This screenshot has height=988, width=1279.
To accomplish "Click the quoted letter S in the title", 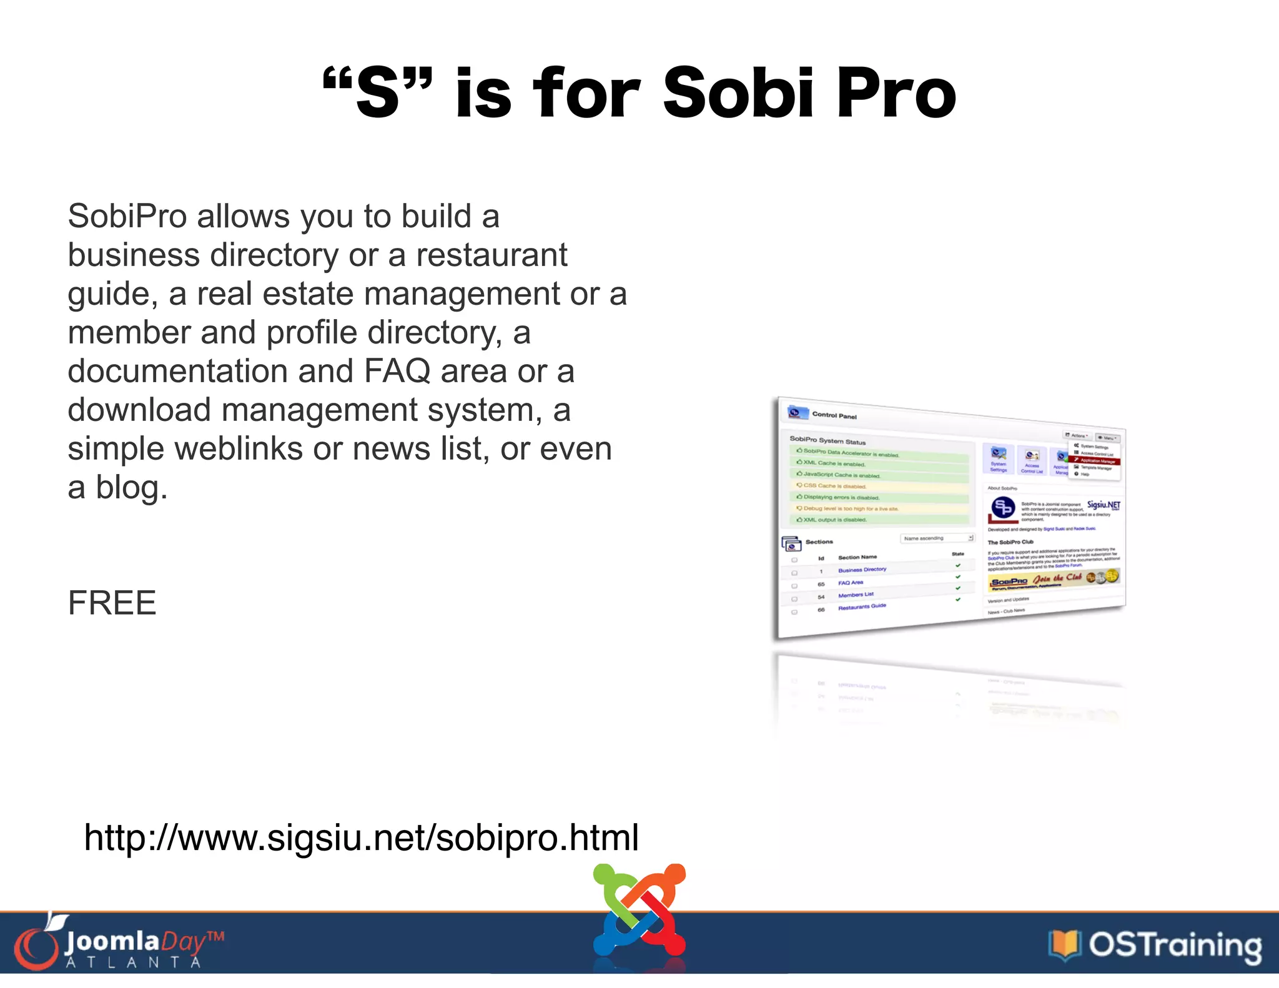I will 377,94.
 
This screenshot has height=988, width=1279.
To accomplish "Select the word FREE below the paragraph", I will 112,603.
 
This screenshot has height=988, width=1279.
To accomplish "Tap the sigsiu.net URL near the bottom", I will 361,837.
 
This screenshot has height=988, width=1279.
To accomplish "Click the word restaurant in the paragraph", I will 491,255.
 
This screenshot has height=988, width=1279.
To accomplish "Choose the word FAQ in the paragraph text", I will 397,372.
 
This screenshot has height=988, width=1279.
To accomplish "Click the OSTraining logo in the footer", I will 1155,945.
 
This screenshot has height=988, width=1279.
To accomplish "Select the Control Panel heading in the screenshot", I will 834,415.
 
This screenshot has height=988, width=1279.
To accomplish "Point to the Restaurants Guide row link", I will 862,606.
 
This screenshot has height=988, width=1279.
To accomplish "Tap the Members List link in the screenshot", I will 856,595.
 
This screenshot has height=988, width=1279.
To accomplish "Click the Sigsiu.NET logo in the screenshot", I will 1104,505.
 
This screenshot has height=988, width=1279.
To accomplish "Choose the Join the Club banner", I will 1054,580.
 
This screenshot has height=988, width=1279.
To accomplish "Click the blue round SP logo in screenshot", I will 1003,508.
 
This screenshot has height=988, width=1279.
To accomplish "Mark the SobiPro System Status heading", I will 827,440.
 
